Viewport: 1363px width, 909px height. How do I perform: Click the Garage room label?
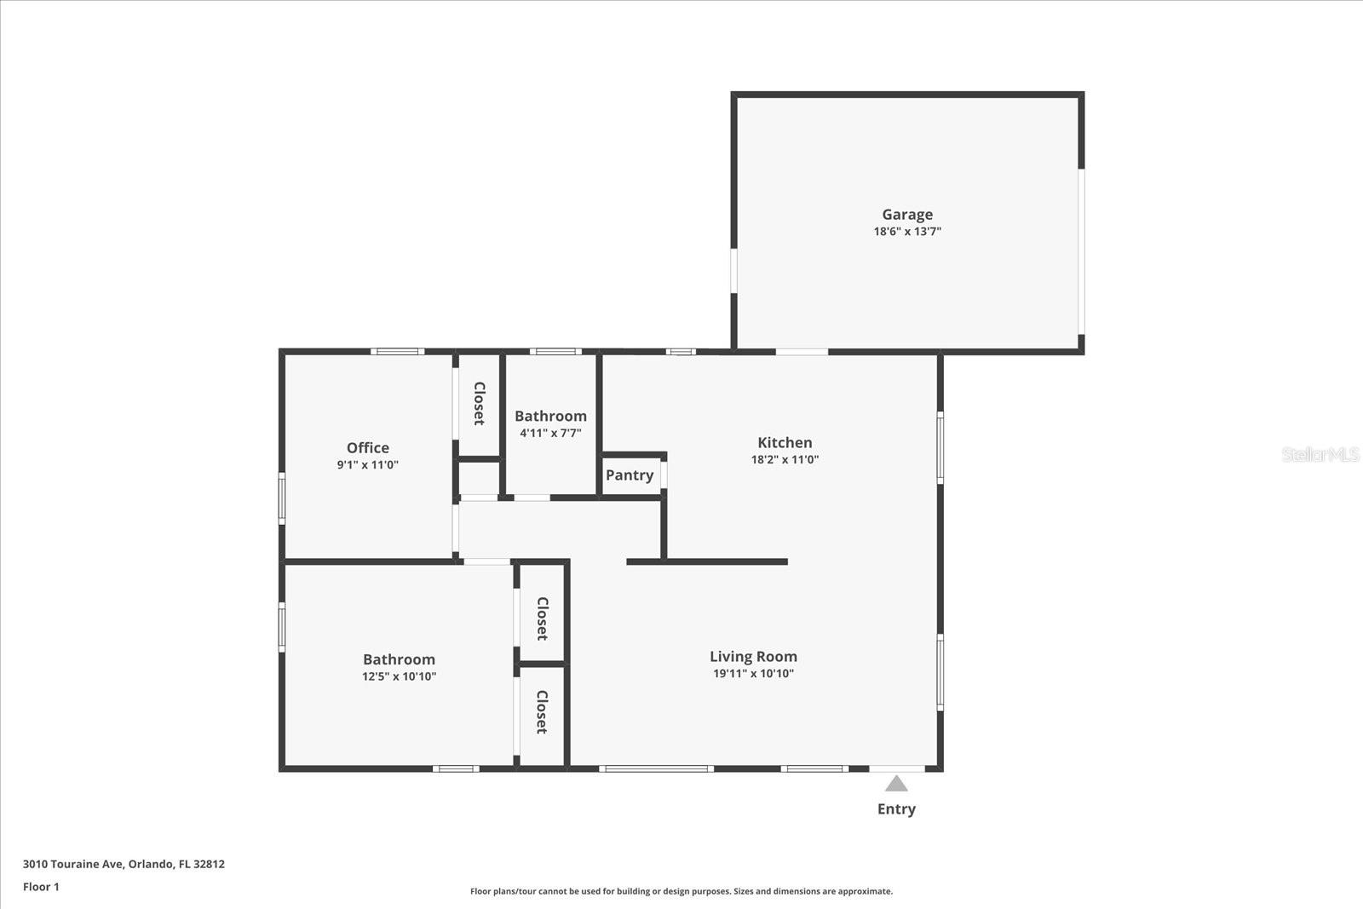coord(907,215)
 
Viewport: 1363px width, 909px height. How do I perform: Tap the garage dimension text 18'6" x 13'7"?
coord(907,232)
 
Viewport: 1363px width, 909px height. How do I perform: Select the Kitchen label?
coord(785,442)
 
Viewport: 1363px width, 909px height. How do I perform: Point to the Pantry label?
coord(630,475)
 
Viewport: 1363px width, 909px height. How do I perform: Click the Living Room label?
coord(753,657)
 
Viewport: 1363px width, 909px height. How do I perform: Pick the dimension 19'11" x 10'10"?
coord(753,674)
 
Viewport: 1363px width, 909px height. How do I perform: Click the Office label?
coord(367,448)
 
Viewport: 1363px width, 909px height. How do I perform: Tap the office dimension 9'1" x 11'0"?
coord(367,465)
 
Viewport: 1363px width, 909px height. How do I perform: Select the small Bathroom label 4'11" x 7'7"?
coord(550,417)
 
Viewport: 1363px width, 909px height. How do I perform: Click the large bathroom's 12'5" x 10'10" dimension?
coord(399,677)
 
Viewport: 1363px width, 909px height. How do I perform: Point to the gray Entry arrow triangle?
coord(896,784)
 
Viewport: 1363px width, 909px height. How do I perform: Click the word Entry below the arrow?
coord(896,809)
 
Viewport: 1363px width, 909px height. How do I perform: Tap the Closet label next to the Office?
coord(479,404)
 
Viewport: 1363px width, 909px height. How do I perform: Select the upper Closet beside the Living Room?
coord(542,618)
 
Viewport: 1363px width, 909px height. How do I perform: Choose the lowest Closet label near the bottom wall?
coord(542,712)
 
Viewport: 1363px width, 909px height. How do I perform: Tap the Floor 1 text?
coord(41,887)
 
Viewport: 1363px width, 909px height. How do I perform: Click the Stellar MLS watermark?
coord(1320,455)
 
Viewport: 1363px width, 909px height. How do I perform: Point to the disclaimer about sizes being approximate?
coord(681,892)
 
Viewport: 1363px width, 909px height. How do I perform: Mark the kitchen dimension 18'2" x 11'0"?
coord(785,460)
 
